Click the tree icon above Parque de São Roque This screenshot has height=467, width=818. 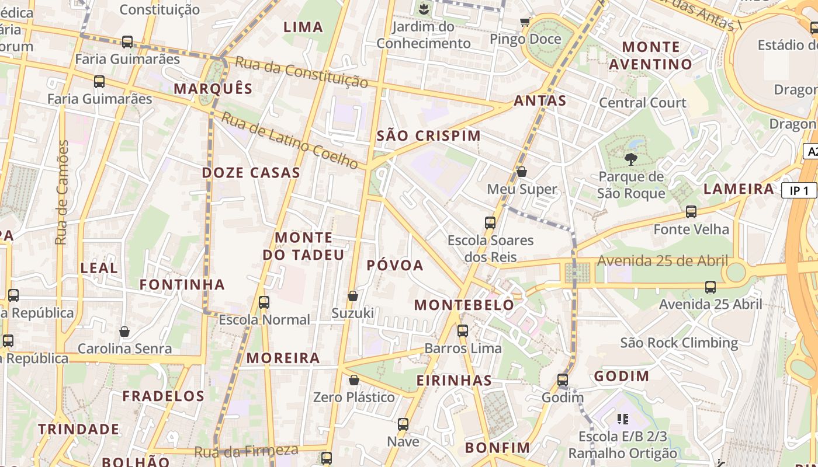630,159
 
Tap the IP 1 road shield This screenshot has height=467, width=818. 799,190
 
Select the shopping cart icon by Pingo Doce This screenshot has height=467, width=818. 525,22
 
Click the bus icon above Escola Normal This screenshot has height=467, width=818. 264,302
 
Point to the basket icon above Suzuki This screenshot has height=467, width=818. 353,296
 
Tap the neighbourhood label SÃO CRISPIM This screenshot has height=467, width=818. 429,136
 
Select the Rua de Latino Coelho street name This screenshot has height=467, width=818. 290,140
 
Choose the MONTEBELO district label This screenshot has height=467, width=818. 465,305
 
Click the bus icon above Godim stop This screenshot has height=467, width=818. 563,380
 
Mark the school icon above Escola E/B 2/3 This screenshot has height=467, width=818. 622,419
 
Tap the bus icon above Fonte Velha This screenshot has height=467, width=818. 691,212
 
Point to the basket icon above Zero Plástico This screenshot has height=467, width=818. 354,380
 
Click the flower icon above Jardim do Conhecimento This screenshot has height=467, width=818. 424,9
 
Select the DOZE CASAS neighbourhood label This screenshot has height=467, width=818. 251,173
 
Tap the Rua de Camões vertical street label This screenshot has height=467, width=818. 62,193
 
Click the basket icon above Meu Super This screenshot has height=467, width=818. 522,172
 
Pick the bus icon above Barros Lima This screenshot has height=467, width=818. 463,331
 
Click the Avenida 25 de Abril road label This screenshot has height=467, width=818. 663,261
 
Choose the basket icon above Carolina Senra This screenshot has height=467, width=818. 124,332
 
